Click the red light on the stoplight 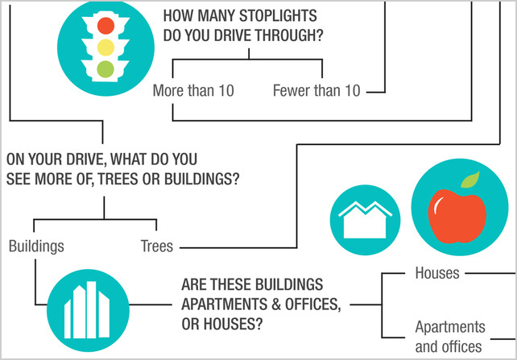click(105, 26)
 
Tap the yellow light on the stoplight click(105, 48)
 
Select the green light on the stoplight click(105, 69)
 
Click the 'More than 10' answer click(193, 90)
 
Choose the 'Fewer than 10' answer click(316, 90)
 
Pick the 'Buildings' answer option click(36, 246)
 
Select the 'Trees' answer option click(156, 246)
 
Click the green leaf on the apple click(469, 180)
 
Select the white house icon click(365, 219)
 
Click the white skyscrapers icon click(87, 310)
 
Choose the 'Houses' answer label click(437, 273)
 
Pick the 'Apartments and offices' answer click(450, 337)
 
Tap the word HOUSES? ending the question click(234, 325)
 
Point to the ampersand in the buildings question click(276, 304)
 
